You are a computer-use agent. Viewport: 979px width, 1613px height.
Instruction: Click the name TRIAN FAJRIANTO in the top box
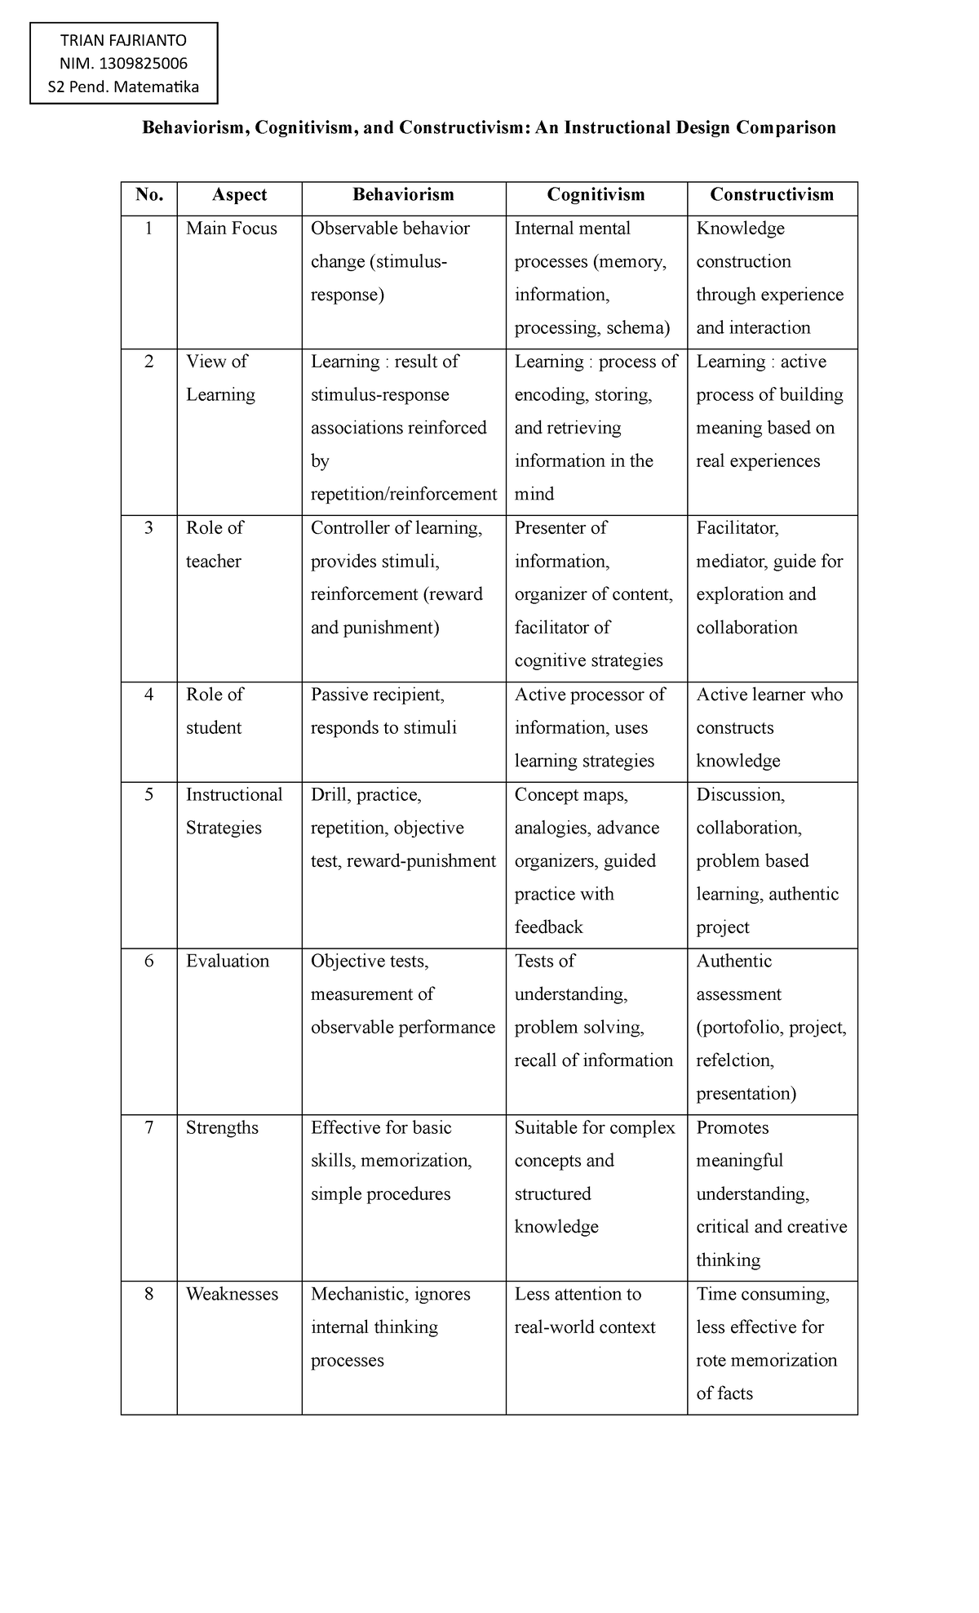coord(124,41)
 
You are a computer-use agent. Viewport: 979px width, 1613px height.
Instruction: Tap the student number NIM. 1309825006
coord(124,64)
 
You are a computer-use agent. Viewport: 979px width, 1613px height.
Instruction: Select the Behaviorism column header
coord(403,194)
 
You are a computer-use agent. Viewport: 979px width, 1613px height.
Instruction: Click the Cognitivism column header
coord(596,194)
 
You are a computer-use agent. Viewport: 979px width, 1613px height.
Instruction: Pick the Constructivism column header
coord(772,194)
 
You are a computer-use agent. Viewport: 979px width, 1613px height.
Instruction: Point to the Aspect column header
coord(239,194)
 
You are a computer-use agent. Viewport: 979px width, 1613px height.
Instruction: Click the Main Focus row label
coord(232,229)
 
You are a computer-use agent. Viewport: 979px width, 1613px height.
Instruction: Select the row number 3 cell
coord(148,528)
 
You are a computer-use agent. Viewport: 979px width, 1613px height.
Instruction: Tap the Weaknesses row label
coord(232,1294)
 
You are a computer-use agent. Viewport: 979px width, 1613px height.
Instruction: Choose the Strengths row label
coord(222,1127)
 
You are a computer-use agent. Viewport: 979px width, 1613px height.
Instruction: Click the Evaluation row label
coord(228,961)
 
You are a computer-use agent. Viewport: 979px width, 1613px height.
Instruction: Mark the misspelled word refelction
coord(733,1060)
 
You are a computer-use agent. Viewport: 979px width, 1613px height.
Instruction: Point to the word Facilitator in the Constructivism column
coord(737,528)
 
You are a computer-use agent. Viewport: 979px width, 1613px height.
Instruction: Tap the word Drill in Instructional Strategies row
coord(330,794)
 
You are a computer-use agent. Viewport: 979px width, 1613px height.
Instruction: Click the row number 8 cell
coord(148,1294)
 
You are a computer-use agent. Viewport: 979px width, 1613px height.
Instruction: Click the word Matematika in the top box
coord(157,87)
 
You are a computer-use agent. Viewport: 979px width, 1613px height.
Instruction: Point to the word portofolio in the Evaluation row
coord(739,1028)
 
